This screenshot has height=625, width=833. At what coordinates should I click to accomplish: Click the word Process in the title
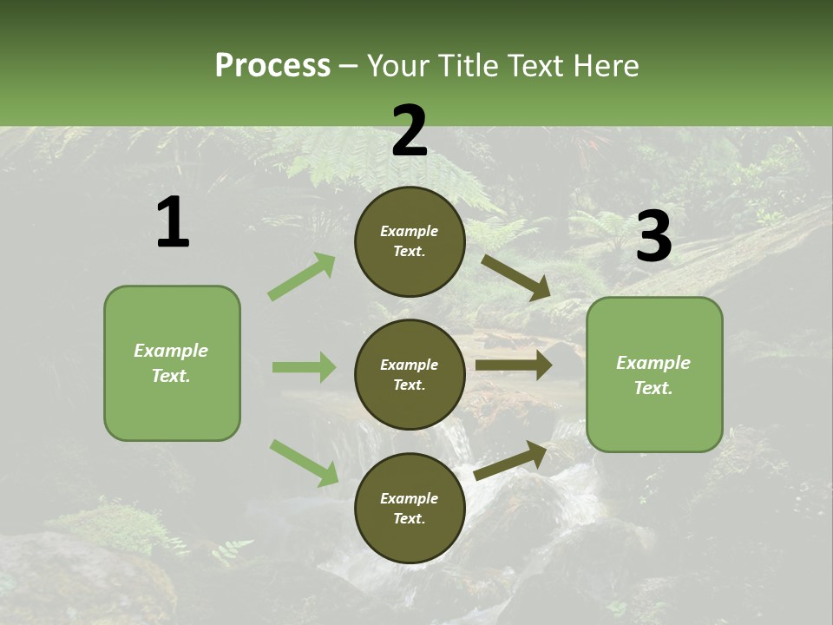click(272, 65)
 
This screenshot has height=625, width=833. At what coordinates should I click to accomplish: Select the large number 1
click(172, 223)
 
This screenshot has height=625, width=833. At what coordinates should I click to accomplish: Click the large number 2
click(410, 132)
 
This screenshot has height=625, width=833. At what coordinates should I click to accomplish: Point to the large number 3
click(653, 236)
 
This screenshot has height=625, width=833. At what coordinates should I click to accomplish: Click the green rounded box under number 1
click(172, 363)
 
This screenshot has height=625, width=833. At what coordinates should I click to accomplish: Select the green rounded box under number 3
click(654, 375)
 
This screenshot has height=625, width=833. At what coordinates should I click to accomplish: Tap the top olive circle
click(410, 241)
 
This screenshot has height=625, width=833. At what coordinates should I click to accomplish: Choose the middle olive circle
click(410, 374)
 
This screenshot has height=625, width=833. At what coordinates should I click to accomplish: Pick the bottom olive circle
click(410, 508)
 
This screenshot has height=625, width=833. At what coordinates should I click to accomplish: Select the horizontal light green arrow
click(304, 367)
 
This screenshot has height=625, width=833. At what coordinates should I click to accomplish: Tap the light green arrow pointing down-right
click(304, 462)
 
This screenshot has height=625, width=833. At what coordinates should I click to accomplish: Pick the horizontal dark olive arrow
click(513, 365)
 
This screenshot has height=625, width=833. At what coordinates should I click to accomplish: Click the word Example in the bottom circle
click(410, 498)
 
